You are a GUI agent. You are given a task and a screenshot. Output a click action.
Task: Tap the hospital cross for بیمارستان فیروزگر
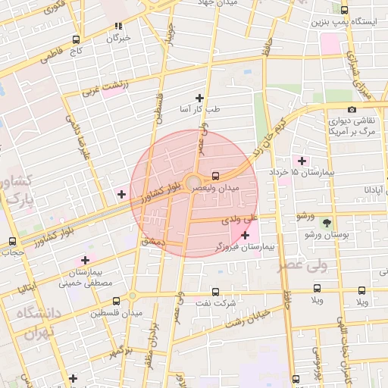coord(245,236)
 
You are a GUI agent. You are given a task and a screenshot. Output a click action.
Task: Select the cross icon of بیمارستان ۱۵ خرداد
coord(302,161)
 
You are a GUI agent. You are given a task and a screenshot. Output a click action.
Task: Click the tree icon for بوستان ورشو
coord(327,223)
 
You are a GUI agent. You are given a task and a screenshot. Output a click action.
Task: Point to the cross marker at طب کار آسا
coord(199,98)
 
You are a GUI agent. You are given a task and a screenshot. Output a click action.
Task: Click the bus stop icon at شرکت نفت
coord(215,291)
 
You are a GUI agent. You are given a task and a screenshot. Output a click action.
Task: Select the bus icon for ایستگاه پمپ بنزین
coord(345,11)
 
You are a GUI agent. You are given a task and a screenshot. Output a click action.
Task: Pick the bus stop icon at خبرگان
coord(118,25)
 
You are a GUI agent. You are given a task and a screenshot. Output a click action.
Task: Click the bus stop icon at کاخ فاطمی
coord(75,39)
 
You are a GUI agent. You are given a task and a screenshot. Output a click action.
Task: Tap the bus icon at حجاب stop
coord(11,242)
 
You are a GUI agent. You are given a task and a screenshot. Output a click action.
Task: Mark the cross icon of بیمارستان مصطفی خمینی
coord(85,260)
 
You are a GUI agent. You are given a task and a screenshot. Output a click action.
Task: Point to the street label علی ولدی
coord(240,221)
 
